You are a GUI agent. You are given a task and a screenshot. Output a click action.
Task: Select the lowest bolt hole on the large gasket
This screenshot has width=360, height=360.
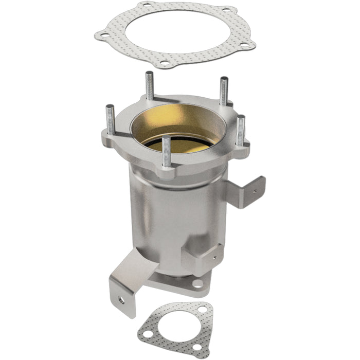[165, 63]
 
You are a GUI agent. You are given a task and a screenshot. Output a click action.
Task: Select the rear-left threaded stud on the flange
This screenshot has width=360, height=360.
[150, 85]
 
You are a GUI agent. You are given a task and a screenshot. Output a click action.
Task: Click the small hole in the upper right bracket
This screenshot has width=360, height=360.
[253, 191]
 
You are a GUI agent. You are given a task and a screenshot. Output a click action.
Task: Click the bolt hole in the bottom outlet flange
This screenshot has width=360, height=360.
[197, 283]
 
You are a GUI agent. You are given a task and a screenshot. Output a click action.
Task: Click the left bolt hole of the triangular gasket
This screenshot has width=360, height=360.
[148, 334]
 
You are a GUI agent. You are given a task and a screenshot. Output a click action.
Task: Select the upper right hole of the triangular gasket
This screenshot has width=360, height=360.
[203, 310]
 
